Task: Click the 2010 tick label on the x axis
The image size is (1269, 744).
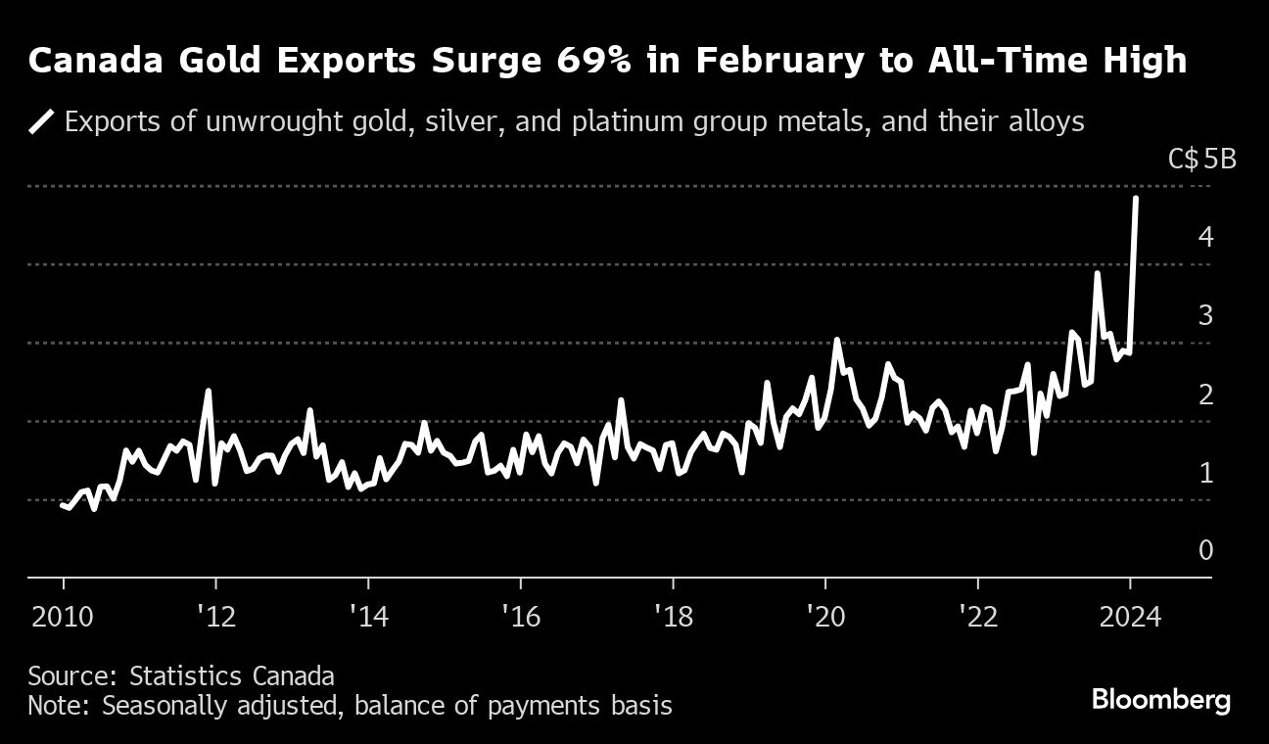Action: [x=64, y=618]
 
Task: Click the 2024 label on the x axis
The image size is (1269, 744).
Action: [x=1130, y=618]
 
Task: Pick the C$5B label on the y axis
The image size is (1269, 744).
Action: [x=1203, y=159]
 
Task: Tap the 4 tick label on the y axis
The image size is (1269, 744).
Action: [x=1205, y=237]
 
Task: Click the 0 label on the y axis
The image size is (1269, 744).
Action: [x=1205, y=551]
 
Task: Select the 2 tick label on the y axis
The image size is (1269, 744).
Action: [x=1205, y=395]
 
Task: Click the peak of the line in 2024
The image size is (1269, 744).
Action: [x=1135, y=199]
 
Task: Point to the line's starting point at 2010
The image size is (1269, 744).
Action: [x=62, y=505]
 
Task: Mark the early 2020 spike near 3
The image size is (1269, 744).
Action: [x=837, y=340]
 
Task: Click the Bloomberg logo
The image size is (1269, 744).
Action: [x=1160, y=700]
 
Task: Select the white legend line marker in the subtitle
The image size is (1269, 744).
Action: [x=41, y=122]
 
